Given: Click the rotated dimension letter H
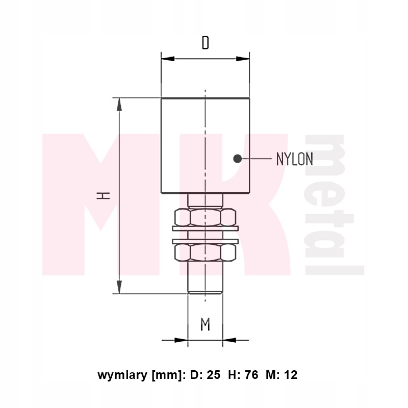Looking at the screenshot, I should (x=104, y=195).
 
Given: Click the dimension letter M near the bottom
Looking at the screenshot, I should (x=205, y=324).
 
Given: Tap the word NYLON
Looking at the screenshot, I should (x=294, y=159).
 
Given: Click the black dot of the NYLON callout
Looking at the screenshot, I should (x=237, y=159).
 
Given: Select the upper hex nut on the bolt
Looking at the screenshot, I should (x=205, y=217).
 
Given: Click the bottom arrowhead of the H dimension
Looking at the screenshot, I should (x=119, y=287).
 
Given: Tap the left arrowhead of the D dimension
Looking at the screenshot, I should (x=168, y=59).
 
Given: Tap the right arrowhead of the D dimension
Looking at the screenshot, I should (x=243, y=59).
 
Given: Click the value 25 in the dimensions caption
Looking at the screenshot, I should (x=214, y=375).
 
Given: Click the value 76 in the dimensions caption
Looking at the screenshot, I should (x=252, y=375).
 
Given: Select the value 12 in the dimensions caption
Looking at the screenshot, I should (x=291, y=375).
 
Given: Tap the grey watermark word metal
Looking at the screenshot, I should (x=334, y=204).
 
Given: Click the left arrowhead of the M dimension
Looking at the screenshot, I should (x=181, y=339).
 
